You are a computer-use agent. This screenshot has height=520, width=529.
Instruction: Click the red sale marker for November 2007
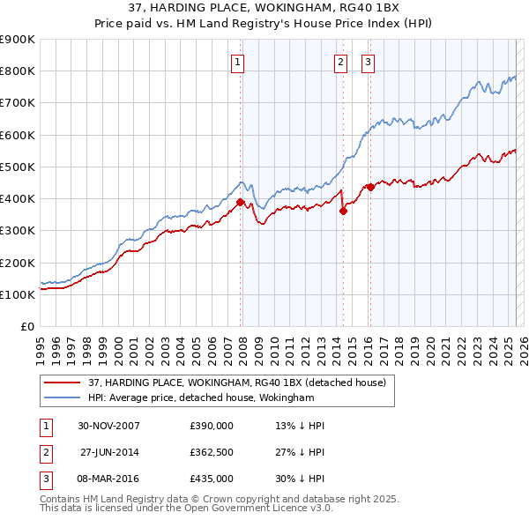(x=240, y=202)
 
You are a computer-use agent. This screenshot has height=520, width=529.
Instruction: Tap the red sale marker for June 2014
(x=343, y=211)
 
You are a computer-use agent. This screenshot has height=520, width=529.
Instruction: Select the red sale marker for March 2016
(x=370, y=187)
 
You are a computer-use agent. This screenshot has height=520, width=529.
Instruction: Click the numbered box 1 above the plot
(x=239, y=62)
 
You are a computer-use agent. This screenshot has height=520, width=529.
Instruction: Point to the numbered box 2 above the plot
(x=340, y=62)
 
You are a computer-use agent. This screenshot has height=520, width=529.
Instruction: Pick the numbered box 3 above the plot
(x=368, y=62)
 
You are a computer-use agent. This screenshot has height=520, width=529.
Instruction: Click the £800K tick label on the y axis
(x=18, y=71)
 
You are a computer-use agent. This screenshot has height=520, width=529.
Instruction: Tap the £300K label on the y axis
(x=18, y=231)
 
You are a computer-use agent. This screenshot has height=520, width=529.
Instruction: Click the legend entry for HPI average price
(x=201, y=398)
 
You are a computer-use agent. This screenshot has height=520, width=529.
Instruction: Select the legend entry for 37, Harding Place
(x=236, y=383)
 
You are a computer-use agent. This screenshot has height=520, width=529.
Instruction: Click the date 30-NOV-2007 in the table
(x=108, y=426)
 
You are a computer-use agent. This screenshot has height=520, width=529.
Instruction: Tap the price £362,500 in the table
(x=212, y=452)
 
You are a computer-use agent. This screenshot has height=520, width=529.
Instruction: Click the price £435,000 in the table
(x=212, y=479)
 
